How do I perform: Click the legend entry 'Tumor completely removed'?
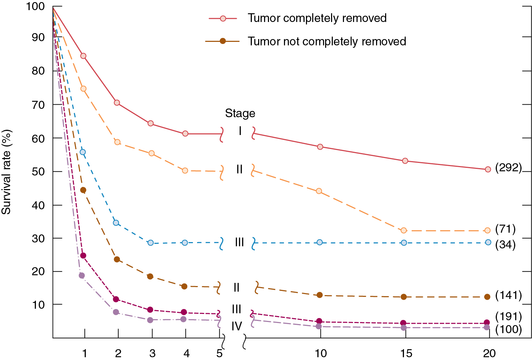[317, 18]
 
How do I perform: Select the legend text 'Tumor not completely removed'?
[327, 41]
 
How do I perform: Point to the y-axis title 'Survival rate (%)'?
[6, 172]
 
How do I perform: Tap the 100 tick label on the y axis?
[35, 6]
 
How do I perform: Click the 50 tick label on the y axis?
[38, 172]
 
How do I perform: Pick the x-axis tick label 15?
[406, 353]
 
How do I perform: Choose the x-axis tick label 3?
[152, 353]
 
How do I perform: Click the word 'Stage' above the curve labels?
[240, 113]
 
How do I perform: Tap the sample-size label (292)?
[508, 168]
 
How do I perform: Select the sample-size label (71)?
[505, 229]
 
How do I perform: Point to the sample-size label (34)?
[505, 245]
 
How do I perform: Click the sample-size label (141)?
[508, 295]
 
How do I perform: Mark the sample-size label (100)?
[508, 329]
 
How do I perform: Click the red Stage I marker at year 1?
[83, 56]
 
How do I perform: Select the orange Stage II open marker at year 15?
[404, 230]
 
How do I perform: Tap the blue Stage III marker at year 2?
[116, 223]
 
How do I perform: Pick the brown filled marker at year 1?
[83, 190]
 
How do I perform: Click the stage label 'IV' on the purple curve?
[237, 326]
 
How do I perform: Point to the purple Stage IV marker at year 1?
[82, 275]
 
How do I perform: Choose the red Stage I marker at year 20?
[488, 169]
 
